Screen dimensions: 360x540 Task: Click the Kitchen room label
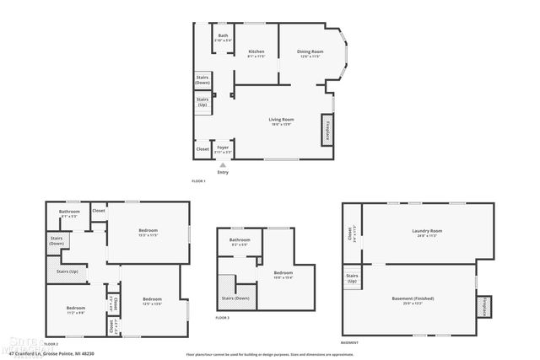click(256, 52)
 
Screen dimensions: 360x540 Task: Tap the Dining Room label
click(310, 52)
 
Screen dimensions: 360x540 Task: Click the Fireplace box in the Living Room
click(327, 132)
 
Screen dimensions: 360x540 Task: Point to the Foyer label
click(223, 148)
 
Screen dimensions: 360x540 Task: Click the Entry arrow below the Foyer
click(223, 165)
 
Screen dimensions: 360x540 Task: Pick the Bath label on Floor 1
click(223, 35)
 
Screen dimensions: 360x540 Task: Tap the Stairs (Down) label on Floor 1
click(202, 80)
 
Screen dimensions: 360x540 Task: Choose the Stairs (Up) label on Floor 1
click(202, 101)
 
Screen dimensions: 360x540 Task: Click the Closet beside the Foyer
click(202, 149)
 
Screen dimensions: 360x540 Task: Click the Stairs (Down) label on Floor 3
click(235, 298)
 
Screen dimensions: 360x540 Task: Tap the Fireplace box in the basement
click(483, 307)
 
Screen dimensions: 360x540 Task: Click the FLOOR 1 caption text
click(198, 181)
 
